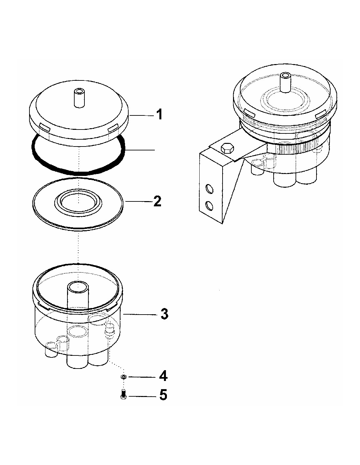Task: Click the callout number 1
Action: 159,114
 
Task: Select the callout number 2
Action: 158,201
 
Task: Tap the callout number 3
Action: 165,314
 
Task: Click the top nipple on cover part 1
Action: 79,98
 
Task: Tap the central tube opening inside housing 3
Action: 78,287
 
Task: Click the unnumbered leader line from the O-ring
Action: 140,150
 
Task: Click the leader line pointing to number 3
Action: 139,314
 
